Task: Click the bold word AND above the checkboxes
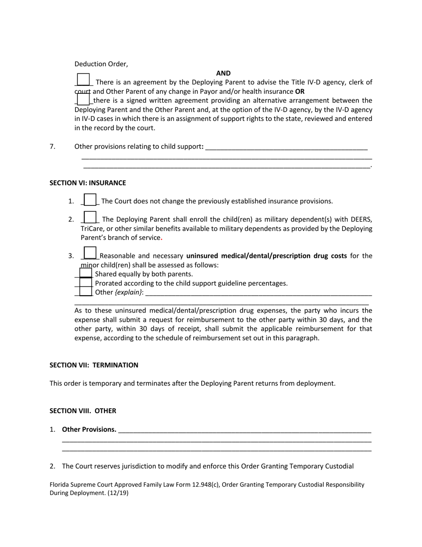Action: pyautogui.click(x=223, y=73)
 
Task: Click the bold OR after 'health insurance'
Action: pyautogui.click(x=300, y=92)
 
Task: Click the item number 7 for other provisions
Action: pyautogui.click(x=52, y=146)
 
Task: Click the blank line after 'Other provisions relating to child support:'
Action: pyautogui.click(x=287, y=147)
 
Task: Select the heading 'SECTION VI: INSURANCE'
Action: pyautogui.click(x=88, y=183)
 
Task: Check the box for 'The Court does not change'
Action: pyautogui.click(x=90, y=200)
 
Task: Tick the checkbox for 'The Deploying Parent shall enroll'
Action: pyautogui.click(x=90, y=217)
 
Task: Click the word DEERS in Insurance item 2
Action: pyautogui.click(x=361, y=219)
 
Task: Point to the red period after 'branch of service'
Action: pyautogui.click(x=162, y=238)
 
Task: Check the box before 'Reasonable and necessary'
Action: pyautogui.click(x=90, y=253)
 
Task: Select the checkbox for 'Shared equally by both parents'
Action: pyautogui.click(x=86, y=273)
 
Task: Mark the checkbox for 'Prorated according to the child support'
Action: pyautogui.click(x=86, y=283)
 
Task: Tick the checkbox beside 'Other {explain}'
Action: pyautogui.click(x=86, y=292)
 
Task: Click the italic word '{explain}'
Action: pyautogui.click(x=128, y=292)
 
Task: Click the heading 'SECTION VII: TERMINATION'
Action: pyautogui.click(x=94, y=365)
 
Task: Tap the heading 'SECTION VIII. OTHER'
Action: pyautogui.click(x=83, y=411)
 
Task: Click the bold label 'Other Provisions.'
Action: pyautogui.click(x=89, y=430)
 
